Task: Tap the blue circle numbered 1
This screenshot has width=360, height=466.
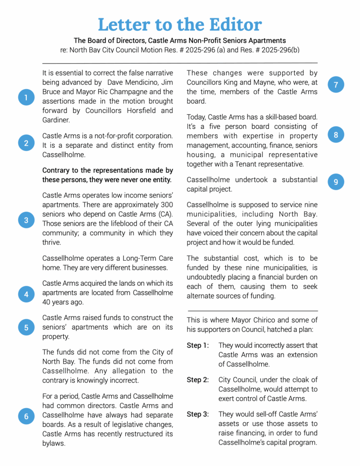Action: pyautogui.click(x=26, y=97)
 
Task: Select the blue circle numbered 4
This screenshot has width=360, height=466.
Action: pyautogui.click(x=26, y=294)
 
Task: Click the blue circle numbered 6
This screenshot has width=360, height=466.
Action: pyautogui.click(x=26, y=416)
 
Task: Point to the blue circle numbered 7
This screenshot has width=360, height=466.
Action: pyautogui.click(x=336, y=85)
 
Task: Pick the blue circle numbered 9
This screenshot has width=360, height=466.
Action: pyautogui.click(x=336, y=182)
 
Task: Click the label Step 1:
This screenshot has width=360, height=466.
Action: pyautogui.click(x=198, y=345)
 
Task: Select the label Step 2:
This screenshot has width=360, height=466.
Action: pyautogui.click(x=198, y=380)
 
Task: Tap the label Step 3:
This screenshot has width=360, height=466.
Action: pyautogui.click(x=198, y=414)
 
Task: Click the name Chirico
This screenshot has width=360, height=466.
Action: pyautogui.click(x=269, y=320)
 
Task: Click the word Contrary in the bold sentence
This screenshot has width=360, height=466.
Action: pyautogui.click(x=57, y=170)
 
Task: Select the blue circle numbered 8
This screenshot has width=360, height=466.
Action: pyautogui.click(x=336, y=135)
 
